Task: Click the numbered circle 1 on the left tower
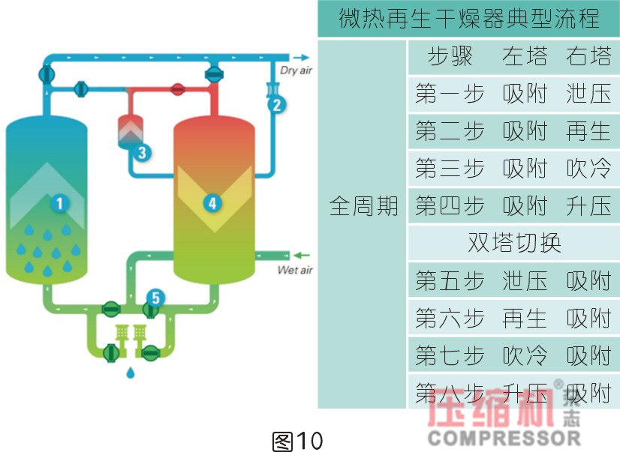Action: point(59,202)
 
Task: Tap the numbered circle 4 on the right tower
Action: point(212,202)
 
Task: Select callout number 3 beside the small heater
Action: point(141,152)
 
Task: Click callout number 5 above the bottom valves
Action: point(155,298)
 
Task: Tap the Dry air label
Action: point(296,71)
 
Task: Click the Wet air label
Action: point(295,270)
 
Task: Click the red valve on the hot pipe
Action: point(177,88)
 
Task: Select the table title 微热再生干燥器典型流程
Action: point(469,18)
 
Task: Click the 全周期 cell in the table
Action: point(363,206)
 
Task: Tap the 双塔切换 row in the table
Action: point(514,243)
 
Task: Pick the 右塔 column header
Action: point(588,56)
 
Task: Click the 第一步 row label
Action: point(449,94)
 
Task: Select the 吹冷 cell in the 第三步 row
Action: point(588,169)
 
